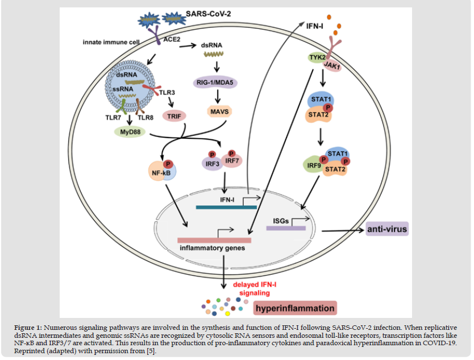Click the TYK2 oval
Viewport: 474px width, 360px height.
317,58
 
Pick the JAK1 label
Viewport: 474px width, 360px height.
332,66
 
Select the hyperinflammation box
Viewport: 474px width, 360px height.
294,308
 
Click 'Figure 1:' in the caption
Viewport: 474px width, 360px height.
29,328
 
